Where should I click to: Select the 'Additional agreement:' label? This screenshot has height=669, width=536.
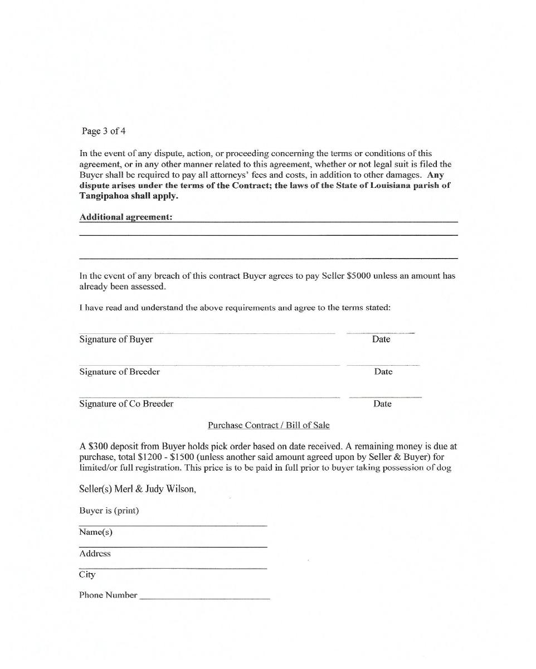126,217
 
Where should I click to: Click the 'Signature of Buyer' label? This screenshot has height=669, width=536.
116,340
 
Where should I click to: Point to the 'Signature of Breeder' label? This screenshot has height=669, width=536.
119,372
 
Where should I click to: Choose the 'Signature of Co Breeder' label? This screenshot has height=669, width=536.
126,404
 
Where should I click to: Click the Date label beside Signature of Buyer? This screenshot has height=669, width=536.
381,340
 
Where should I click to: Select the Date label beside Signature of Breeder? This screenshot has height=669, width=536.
383,372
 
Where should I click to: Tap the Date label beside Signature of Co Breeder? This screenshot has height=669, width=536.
382,404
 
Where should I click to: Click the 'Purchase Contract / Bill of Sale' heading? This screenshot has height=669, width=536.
269,425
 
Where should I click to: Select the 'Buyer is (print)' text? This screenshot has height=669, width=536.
109,511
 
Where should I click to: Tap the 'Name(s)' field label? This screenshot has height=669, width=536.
96,532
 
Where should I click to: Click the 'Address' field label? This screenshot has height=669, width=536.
95,554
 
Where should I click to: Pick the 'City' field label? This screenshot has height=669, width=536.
87,575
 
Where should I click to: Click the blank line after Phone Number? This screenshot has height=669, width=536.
204,597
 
